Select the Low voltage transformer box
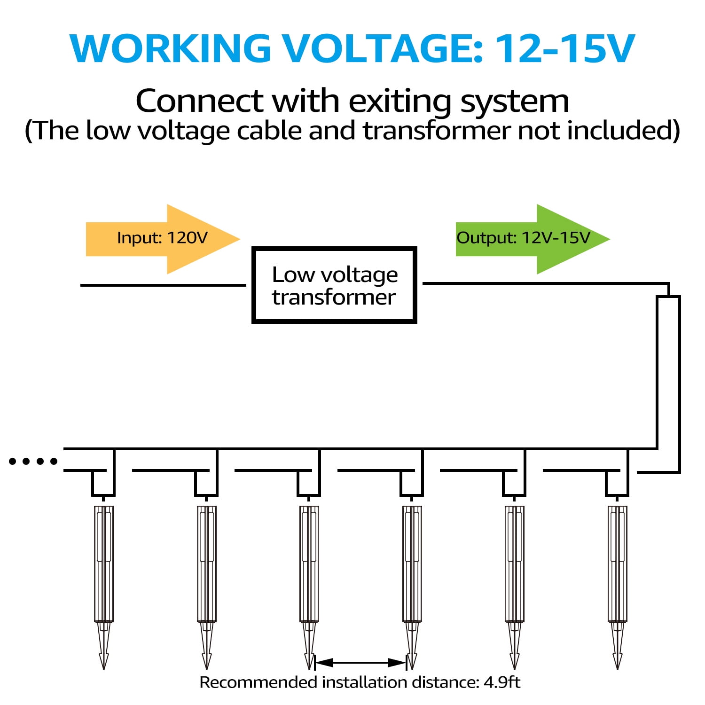(334, 285)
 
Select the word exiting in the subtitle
(400, 101)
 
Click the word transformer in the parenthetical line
(437, 131)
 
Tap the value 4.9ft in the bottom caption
(501, 682)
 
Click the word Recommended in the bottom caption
(258, 682)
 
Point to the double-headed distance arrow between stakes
(360, 663)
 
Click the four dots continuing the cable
(33, 462)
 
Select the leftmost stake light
(104, 564)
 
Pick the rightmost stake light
(618, 564)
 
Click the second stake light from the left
(207, 564)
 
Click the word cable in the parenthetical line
(270, 131)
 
